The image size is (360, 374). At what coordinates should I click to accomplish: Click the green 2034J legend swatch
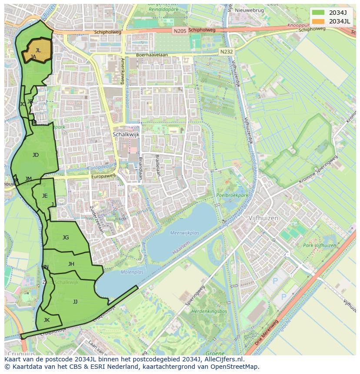pos(318,13)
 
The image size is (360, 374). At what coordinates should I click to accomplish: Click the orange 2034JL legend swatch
pos(318,21)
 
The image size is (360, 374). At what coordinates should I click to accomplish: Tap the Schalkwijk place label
pos(126,135)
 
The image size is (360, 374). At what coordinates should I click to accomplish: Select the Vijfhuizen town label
pos(263,218)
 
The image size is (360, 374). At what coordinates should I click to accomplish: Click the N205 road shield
pos(179,31)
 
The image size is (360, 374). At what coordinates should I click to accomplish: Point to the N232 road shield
pos(226,51)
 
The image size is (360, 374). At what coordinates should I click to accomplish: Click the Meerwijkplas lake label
pos(184,233)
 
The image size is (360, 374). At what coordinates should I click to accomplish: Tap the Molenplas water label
pos(132,272)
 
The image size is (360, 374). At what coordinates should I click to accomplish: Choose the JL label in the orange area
pos(38,50)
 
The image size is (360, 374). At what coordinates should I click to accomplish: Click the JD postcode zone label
pos(36,155)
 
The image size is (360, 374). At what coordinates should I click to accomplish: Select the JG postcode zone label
pos(66,238)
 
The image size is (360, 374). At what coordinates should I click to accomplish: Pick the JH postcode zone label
pos(71,264)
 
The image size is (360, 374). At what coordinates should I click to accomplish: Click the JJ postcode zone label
pos(75,301)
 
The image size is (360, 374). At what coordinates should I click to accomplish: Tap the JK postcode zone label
pos(47,320)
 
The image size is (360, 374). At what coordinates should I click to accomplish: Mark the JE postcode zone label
pos(45,196)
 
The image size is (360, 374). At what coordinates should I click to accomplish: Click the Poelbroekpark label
pos(231,195)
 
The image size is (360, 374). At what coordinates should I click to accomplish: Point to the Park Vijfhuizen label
pos(320,245)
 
